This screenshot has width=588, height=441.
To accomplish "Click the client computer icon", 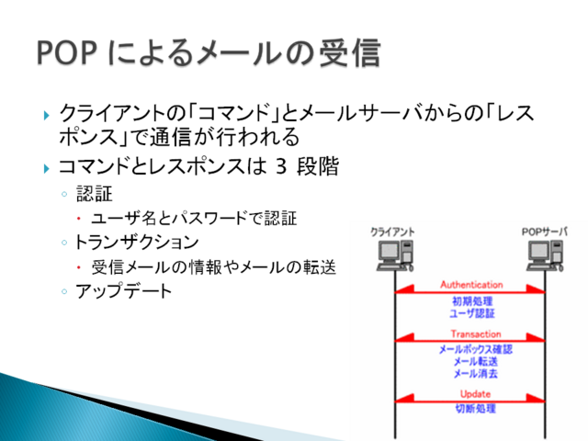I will point(392,254).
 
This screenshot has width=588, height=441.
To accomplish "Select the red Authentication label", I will point(471,285).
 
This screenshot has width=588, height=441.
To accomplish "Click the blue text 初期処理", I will point(472,301).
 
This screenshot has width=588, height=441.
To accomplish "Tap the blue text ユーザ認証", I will point(472,314).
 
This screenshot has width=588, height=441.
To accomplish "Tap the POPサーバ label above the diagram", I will point(544,231).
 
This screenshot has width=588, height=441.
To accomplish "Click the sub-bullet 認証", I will point(89,194).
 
